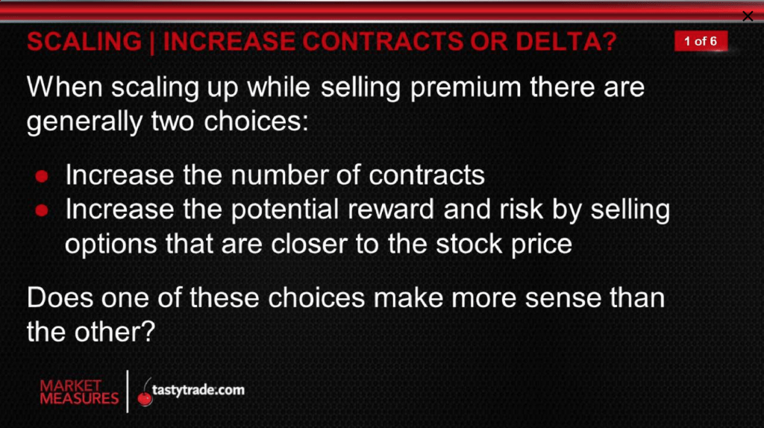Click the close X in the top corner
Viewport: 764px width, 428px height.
(x=748, y=16)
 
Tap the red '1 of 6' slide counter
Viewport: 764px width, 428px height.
(x=701, y=41)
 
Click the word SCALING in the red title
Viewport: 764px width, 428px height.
(x=84, y=42)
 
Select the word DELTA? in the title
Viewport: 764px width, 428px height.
(x=566, y=42)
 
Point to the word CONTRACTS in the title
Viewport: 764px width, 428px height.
(x=383, y=42)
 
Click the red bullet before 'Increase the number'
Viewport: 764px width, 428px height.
(x=42, y=176)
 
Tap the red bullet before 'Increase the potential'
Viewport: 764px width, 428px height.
(x=42, y=210)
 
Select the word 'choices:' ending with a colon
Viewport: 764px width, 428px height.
(x=257, y=121)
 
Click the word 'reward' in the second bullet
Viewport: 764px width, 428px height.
(x=391, y=209)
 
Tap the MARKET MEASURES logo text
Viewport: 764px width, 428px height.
(x=79, y=392)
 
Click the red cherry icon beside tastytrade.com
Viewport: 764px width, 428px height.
(x=145, y=394)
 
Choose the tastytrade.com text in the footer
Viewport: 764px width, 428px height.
(x=198, y=390)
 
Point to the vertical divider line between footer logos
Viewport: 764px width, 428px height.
(x=128, y=391)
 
